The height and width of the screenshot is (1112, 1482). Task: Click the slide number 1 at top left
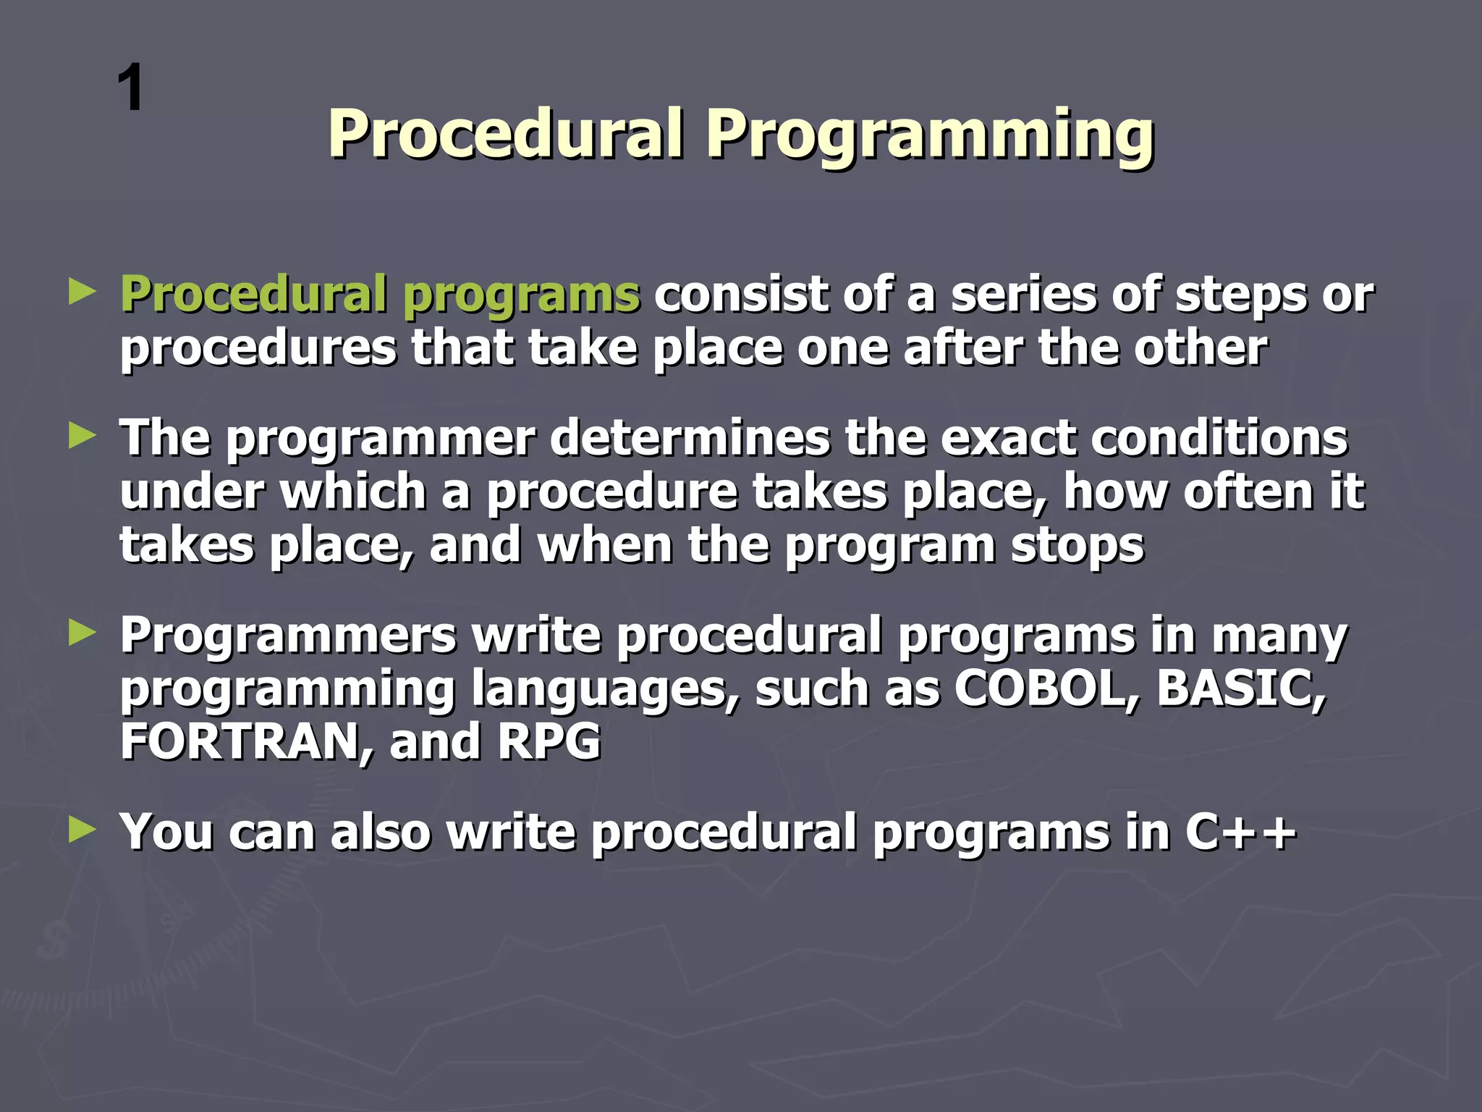pyautogui.click(x=130, y=88)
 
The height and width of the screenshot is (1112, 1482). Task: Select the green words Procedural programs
pyautogui.click(x=380, y=295)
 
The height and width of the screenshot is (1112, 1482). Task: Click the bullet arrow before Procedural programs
pyautogui.click(x=82, y=292)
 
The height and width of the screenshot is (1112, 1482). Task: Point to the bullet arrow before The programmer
pyautogui.click(x=82, y=437)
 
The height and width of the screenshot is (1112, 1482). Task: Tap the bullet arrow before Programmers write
pyautogui.click(x=82, y=633)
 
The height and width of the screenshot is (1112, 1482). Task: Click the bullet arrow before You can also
pyautogui.click(x=82, y=830)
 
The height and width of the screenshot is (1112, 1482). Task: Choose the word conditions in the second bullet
pyautogui.click(x=1219, y=438)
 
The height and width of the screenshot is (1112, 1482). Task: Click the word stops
pyautogui.click(x=1077, y=547)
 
